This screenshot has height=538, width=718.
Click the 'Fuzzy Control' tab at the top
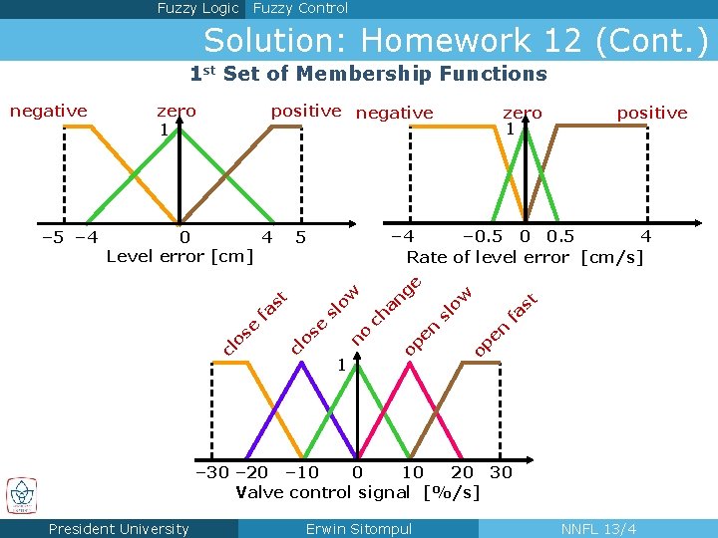[x=300, y=9]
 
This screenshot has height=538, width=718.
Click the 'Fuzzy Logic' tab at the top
[x=197, y=9]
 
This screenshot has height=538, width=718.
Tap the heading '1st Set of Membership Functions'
[x=369, y=74]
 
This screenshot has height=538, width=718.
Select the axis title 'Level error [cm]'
[x=179, y=257]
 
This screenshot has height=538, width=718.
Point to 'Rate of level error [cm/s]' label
[x=525, y=257]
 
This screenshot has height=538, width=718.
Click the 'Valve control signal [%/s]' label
[x=358, y=492]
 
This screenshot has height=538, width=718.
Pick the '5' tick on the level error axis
[x=301, y=238]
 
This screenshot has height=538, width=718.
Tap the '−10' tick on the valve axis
[x=301, y=472]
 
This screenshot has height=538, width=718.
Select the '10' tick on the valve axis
[x=412, y=472]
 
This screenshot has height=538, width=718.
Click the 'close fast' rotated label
[x=254, y=322]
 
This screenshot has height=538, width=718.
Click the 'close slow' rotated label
[x=323, y=320]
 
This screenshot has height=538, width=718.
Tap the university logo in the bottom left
[x=21, y=495]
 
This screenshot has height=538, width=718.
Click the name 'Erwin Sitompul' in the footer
[x=359, y=529]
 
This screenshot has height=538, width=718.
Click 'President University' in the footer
[x=119, y=529]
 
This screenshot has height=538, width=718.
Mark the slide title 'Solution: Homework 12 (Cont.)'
[x=456, y=41]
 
